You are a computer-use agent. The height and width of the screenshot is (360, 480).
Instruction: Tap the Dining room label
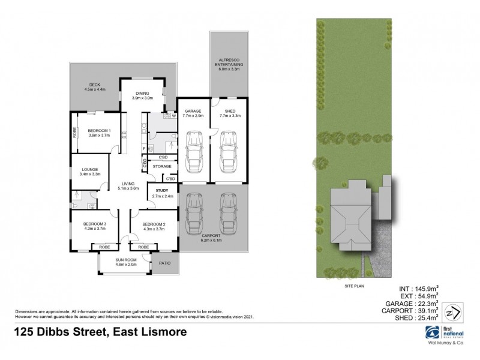[x=143, y=93]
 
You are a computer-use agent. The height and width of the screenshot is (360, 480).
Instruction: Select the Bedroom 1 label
[x=97, y=130]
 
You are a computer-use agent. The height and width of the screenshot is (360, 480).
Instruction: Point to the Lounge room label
[x=90, y=170]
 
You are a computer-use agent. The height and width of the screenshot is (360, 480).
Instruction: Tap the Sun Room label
[x=126, y=259]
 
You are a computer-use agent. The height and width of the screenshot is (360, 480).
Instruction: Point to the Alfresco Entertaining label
[x=229, y=62]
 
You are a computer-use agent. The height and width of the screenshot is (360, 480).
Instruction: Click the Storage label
[x=162, y=166]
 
